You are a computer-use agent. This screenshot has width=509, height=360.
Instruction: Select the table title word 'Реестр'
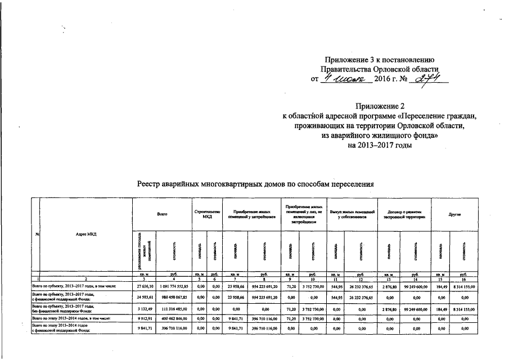152,184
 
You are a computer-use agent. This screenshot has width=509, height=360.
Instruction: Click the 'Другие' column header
455,214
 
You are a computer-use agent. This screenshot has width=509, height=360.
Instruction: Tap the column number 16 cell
464,279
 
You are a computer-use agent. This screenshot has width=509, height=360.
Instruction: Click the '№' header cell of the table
37,234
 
